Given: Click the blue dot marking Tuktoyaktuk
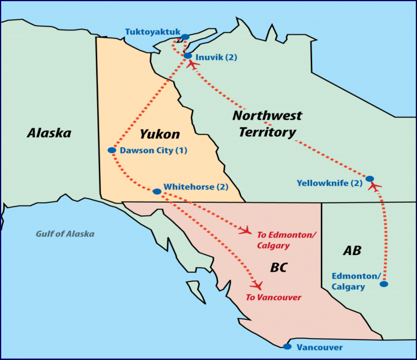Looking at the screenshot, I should pos(185,37).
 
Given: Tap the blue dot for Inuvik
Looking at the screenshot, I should pos(188,56).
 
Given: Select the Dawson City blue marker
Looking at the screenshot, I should pos(112,150).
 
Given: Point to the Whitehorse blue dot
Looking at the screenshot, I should pos(157,191).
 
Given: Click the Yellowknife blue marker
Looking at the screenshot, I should pos(370,179).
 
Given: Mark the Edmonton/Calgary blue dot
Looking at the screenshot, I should pos(383,284).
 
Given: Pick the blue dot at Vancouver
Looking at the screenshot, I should pos(287,347).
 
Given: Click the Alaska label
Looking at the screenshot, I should pos(49,133).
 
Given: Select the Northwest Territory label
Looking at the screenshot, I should pos(267,124).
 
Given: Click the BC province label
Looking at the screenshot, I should pos(278,268).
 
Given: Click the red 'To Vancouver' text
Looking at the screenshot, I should pos(273,298).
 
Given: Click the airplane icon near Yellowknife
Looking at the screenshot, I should pos(374,187).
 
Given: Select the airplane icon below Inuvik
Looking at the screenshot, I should pos(193,65).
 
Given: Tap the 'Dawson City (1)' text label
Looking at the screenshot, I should pos(154,150).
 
